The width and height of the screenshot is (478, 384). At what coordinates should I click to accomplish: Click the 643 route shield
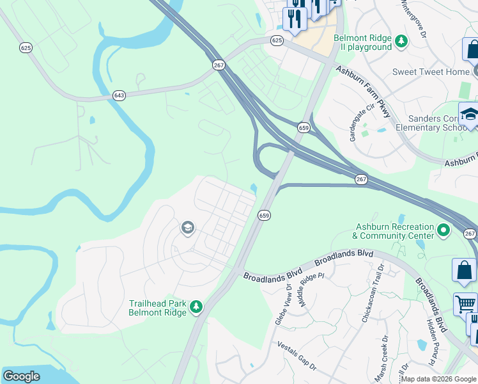(x=119, y=95)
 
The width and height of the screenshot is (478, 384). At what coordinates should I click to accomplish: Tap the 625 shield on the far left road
(x=26, y=47)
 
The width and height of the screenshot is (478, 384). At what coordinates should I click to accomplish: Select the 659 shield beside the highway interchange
(x=304, y=128)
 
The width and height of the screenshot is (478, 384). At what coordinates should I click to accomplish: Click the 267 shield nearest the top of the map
(x=219, y=65)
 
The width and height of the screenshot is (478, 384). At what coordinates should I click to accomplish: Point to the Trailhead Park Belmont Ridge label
(x=157, y=307)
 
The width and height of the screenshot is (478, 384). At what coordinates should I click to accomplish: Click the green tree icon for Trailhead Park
(x=197, y=308)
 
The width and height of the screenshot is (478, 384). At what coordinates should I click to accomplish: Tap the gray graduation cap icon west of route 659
(x=187, y=228)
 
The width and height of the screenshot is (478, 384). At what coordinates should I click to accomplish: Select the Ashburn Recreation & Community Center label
(x=392, y=231)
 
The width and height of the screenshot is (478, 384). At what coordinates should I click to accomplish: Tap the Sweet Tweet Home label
(x=431, y=72)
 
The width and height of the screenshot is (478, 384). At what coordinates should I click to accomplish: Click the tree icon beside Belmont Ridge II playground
(x=401, y=42)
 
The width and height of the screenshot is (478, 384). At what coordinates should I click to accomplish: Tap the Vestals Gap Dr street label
(x=296, y=355)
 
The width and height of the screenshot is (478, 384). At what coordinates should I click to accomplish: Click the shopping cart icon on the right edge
(x=465, y=304)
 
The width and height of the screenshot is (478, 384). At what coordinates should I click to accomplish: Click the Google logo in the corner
(x=21, y=376)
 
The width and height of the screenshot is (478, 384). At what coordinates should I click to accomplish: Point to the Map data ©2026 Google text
(x=438, y=379)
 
